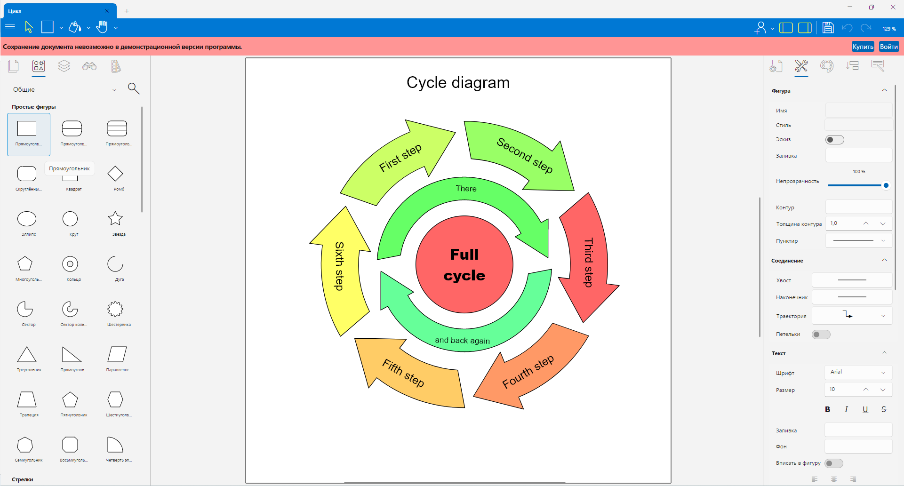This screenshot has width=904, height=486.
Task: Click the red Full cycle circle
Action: (464, 264)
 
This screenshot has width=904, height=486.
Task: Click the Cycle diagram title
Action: (458, 83)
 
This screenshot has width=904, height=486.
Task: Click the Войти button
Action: (888, 47)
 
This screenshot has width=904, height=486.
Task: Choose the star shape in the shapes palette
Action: (115, 218)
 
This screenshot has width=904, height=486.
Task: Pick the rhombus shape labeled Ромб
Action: (115, 174)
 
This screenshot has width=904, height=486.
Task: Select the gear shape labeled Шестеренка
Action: (115, 309)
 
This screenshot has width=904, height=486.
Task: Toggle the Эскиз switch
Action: (835, 140)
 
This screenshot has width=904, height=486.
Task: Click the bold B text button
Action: (827, 409)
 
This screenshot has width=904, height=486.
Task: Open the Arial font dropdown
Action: (858, 372)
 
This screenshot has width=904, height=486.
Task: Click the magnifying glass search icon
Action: (134, 88)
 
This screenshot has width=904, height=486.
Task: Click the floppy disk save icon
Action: (828, 28)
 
